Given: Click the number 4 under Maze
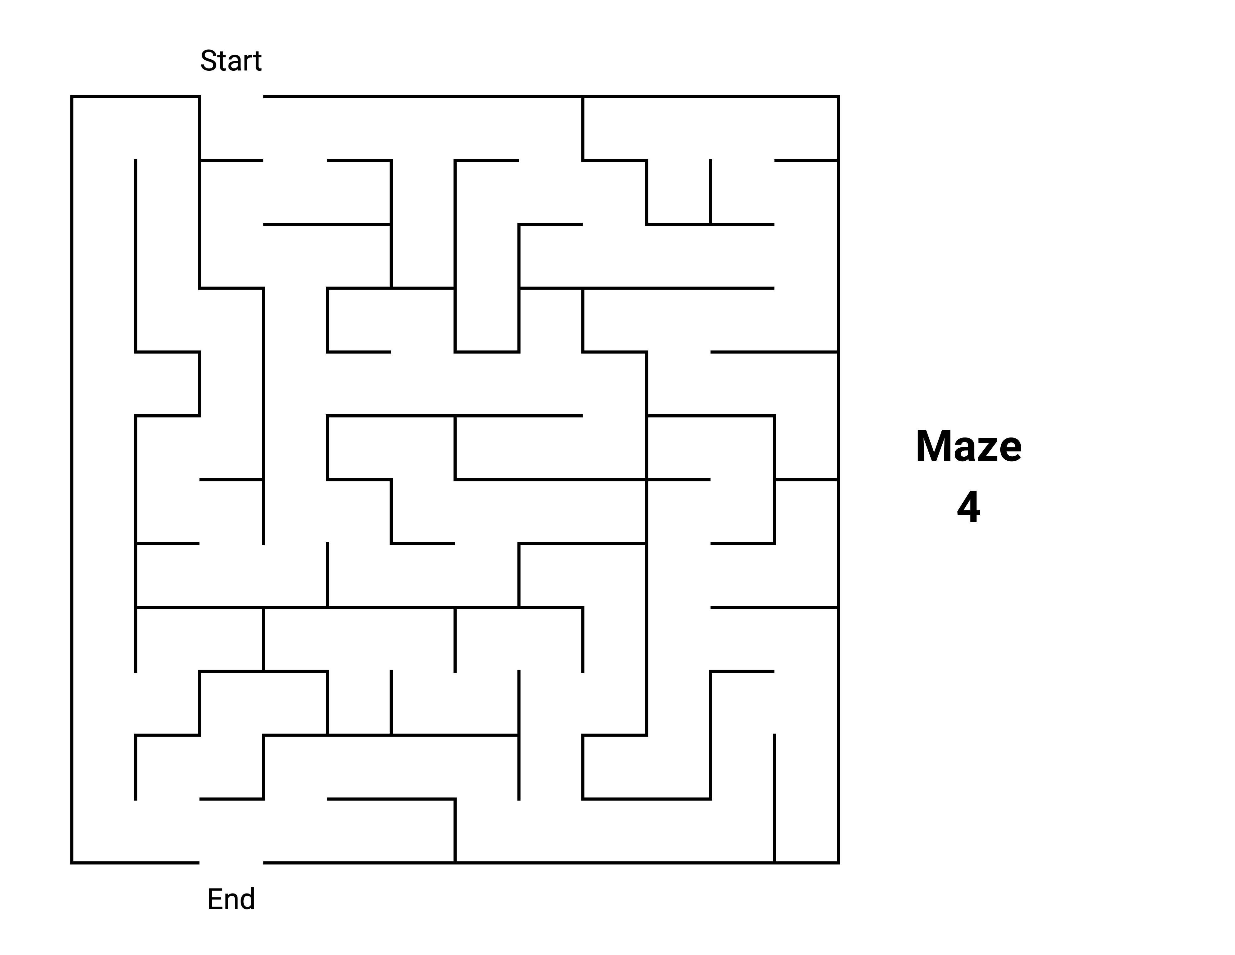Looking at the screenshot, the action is coord(968,508).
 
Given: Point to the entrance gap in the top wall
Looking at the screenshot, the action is coord(231,97).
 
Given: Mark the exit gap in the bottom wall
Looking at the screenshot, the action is coord(231,863).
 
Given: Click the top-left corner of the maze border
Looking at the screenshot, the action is coord(72,97).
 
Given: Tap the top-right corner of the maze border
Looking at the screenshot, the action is coord(838,97).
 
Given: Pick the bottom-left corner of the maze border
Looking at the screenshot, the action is coord(72,863).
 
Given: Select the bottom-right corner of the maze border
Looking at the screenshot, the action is coord(838,863).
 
